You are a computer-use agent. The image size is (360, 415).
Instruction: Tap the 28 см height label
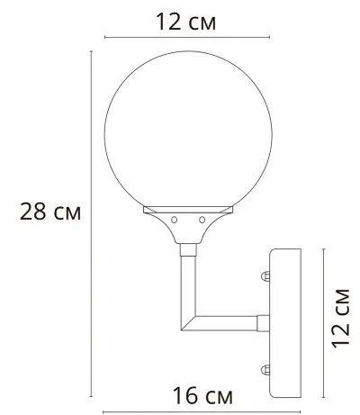(51, 213)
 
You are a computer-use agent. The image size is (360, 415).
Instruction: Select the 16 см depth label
(196, 395)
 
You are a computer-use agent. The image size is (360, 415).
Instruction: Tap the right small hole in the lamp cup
(202, 219)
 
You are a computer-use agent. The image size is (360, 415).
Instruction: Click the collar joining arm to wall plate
(262, 320)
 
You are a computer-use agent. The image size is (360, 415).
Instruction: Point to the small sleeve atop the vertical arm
(189, 249)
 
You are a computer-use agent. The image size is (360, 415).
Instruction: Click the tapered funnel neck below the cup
(189, 233)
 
